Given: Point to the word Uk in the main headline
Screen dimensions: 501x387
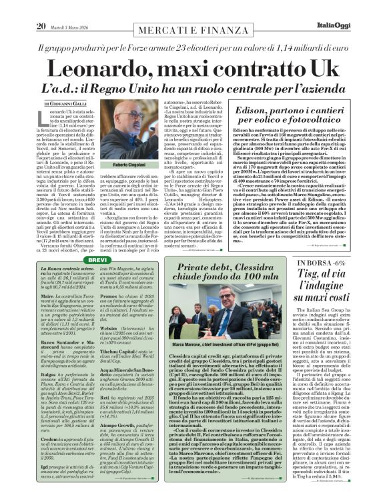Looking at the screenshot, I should [320, 69].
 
